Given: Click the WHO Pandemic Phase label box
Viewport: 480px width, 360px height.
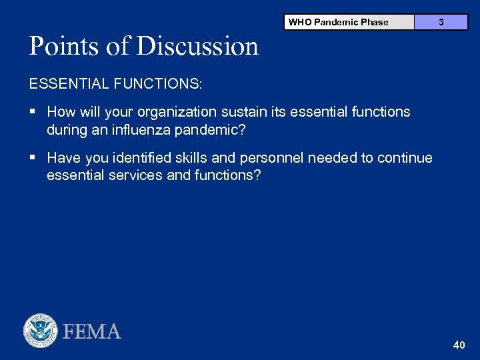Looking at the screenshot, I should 348,22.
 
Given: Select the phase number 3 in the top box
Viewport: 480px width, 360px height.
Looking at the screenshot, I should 441,22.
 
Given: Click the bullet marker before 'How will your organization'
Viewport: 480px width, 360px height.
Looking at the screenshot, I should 33,112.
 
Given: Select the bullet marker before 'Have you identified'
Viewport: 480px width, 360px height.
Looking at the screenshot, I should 33,158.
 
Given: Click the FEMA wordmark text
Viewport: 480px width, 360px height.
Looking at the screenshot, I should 92,331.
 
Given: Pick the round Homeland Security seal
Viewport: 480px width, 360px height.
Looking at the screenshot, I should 41,331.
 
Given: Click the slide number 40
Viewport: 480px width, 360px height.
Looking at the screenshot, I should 459,345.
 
